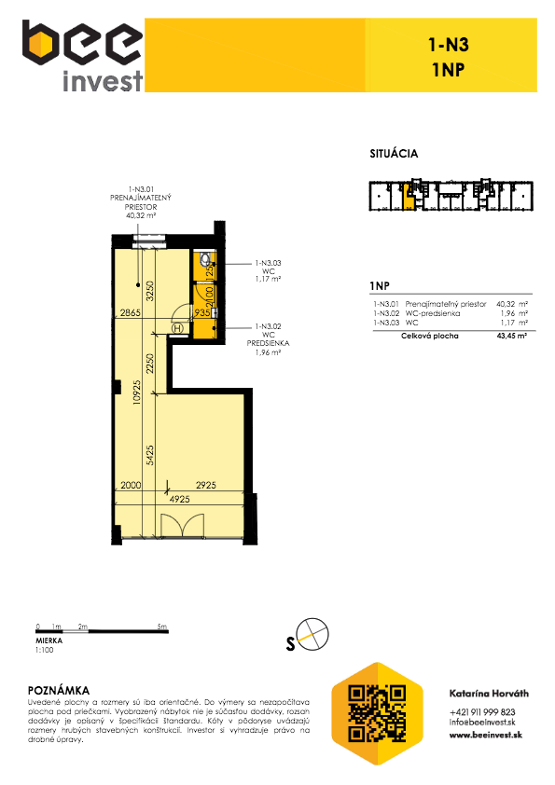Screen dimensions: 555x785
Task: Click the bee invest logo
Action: click(83, 56)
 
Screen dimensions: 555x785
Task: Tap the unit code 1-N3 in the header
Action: click(449, 45)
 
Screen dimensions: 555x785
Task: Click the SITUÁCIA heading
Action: click(394, 154)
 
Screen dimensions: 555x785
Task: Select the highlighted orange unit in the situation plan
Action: click(409, 200)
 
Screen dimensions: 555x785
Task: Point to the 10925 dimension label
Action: click(137, 400)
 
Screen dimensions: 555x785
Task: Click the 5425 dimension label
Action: click(150, 455)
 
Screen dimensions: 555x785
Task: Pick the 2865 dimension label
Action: click(131, 313)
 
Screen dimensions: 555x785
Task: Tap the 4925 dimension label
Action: click(180, 499)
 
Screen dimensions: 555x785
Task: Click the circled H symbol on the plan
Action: click(178, 328)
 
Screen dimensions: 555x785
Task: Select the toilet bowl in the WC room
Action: click(205, 259)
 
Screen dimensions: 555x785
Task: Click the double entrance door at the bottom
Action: click(182, 526)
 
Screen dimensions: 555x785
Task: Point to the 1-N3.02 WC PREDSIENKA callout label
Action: click(268, 339)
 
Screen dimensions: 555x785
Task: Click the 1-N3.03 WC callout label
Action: click(268, 271)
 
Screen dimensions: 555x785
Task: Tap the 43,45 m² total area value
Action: click(512, 336)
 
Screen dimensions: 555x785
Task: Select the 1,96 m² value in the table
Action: click(514, 313)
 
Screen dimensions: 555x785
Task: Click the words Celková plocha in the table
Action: click(430, 336)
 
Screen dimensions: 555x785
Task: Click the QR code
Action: click(377, 713)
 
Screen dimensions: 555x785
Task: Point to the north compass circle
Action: click(313, 634)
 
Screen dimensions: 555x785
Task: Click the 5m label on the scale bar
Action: click(161, 627)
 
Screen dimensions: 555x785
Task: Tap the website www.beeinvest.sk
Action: click(485, 735)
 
